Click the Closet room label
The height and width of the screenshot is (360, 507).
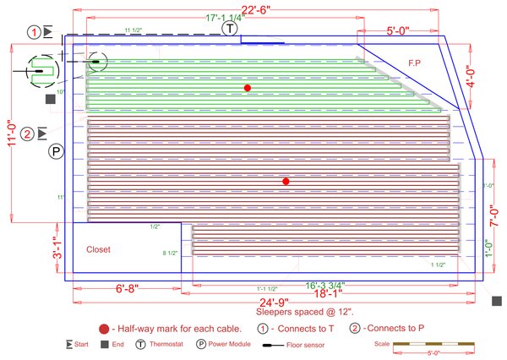[x=99, y=250]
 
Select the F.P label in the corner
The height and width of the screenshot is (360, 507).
[x=415, y=63]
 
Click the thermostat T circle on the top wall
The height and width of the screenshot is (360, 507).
[x=229, y=28]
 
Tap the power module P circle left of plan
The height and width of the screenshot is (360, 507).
[x=56, y=152]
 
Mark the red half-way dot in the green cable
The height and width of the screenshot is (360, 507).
[x=248, y=88]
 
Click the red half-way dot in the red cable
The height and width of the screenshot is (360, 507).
[x=286, y=182]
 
